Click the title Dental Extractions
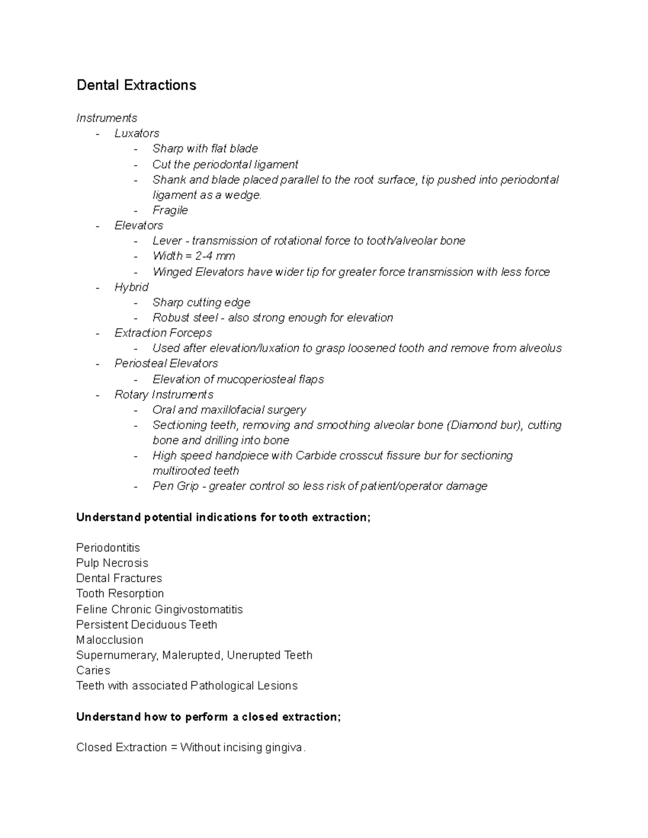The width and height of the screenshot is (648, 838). tap(136, 85)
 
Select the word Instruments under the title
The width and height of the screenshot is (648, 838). tap(107, 118)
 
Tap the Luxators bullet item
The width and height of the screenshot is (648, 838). tap(137, 133)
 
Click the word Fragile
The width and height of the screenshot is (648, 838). tap(170, 210)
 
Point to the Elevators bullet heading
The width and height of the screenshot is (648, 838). tap(139, 226)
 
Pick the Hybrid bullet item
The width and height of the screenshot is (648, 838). tap(131, 287)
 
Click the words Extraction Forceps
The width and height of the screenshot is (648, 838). tap(163, 333)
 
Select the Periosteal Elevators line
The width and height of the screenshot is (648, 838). tap(166, 364)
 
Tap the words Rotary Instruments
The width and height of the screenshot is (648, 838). tap(164, 394)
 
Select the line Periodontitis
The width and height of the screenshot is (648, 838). tap(108, 548)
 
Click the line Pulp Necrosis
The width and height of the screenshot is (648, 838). tap(112, 563)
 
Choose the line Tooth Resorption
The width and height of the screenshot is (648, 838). tap(120, 594)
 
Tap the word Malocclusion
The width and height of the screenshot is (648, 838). tap(110, 640)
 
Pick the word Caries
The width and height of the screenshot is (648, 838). tap(93, 670)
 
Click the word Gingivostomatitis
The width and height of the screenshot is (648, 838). tap(199, 609)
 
